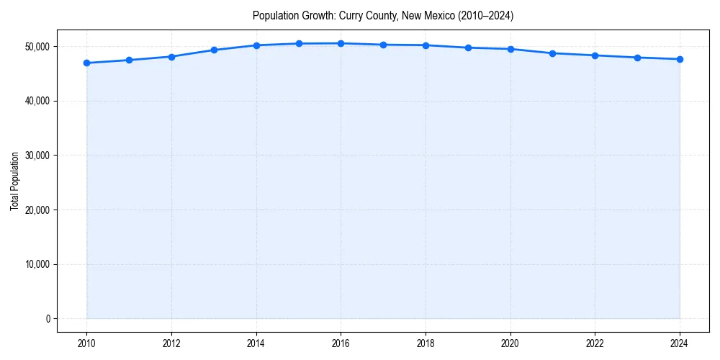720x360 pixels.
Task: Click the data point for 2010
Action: (x=87, y=63)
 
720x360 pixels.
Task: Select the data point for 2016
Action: (x=341, y=43)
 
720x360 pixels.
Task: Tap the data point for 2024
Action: (x=680, y=59)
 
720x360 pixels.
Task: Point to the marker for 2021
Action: (x=552, y=53)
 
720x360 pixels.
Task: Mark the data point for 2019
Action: (x=468, y=48)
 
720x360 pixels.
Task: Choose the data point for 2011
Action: (x=129, y=60)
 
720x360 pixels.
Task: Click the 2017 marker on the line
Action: (x=383, y=45)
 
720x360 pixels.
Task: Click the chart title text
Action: (x=383, y=15)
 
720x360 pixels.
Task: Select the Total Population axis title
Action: (x=14, y=181)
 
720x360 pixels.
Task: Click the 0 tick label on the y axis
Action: (x=47, y=319)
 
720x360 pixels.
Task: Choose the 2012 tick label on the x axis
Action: (x=171, y=343)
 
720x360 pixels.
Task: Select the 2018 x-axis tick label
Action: (x=426, y=343)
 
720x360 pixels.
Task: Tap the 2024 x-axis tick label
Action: (x=680, y=343)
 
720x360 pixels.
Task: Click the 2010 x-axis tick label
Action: (x=87, y=343)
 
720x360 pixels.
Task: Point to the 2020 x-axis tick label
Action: (x=510, y=343)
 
